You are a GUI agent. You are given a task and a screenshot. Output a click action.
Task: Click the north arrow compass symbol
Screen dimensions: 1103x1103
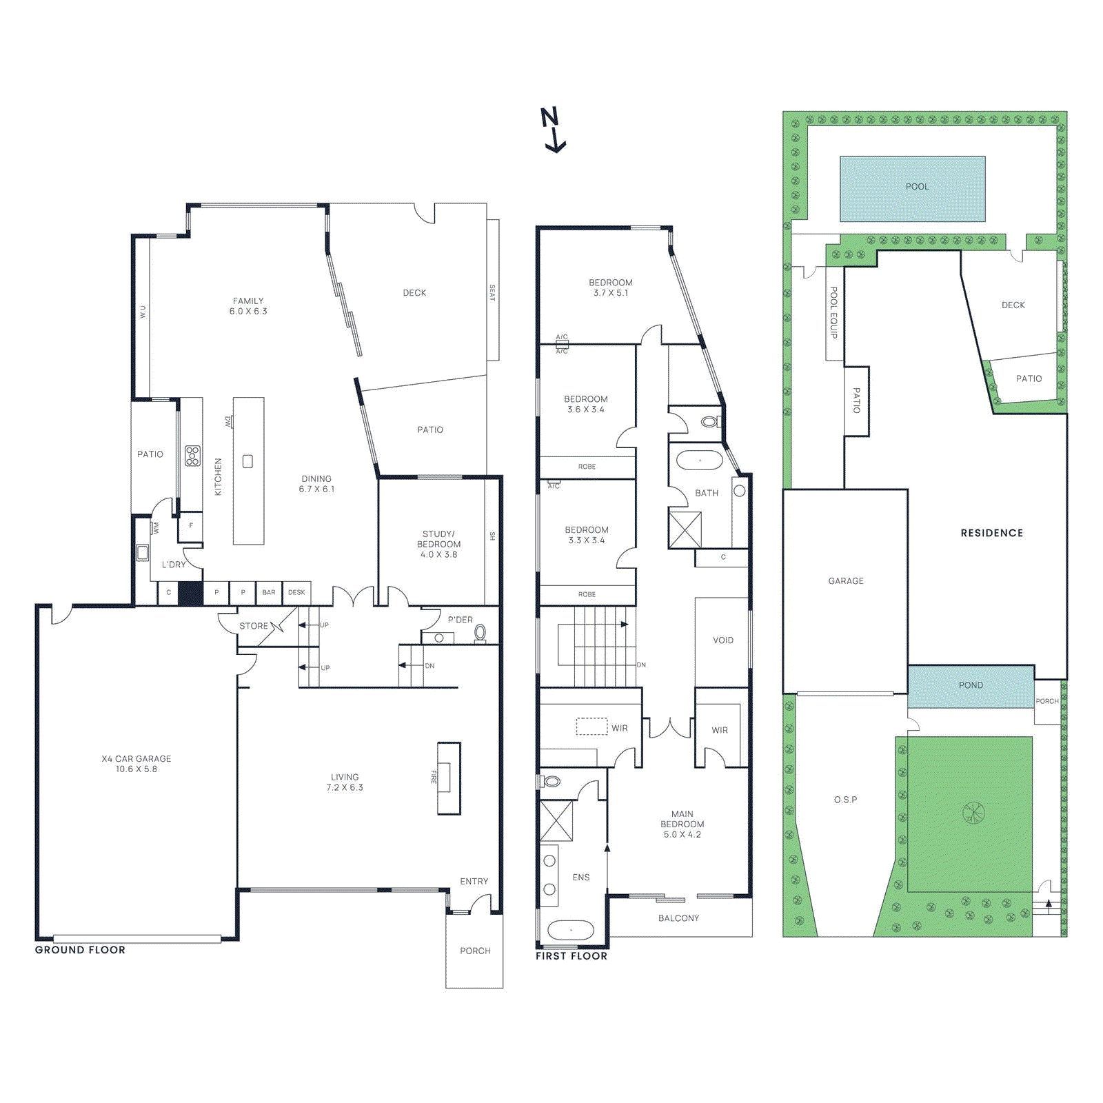click(x=552, y=129)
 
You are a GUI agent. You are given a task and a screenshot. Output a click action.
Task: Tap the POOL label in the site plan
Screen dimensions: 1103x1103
click(x=916, y=187)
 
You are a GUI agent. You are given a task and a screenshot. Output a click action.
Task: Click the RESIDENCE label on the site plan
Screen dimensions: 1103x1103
click(x=991, y=533)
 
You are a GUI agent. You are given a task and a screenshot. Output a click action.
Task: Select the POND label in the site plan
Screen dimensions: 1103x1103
click(x=970, y=685)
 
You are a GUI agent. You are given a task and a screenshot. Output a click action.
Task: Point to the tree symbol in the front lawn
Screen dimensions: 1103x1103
click(x=973, y=813)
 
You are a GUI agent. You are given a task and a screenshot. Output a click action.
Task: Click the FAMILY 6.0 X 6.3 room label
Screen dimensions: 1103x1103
click(x=248, y=306)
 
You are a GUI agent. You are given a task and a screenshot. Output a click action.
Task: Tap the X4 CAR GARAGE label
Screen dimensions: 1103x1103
click(x=136, y=764)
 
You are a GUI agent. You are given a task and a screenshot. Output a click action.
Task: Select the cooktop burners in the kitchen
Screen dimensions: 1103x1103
click(x=192, y=456)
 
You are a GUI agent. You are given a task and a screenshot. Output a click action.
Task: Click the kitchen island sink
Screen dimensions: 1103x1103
click(x=247, y=461)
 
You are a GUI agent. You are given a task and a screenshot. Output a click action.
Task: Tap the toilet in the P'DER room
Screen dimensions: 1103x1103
click(x=480, y=631)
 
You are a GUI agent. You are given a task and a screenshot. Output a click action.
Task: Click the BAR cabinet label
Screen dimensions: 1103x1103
click(x=269, y=592)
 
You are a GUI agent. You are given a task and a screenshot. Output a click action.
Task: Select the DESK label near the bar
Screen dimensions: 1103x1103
click(x=296, y=592)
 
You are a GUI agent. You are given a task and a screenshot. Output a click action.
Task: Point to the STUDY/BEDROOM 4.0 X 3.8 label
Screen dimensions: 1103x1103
click(x=438, y=544)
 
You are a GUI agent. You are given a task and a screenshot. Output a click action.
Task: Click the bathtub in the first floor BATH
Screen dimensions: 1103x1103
click(x=699, y=460)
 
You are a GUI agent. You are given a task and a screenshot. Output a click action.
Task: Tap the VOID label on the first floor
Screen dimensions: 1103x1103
click(x=722, y=640)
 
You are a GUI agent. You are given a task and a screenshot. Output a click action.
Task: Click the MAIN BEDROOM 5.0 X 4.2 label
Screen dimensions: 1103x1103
click(x=682, y=824)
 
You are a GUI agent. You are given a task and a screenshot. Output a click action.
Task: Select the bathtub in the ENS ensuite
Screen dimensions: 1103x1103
click(x=570, y=930)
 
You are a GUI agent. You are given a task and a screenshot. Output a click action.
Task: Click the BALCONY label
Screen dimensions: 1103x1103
click(x=678, y=918)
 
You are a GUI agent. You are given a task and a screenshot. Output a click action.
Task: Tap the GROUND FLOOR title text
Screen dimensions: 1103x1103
click(x=80, y=950)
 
